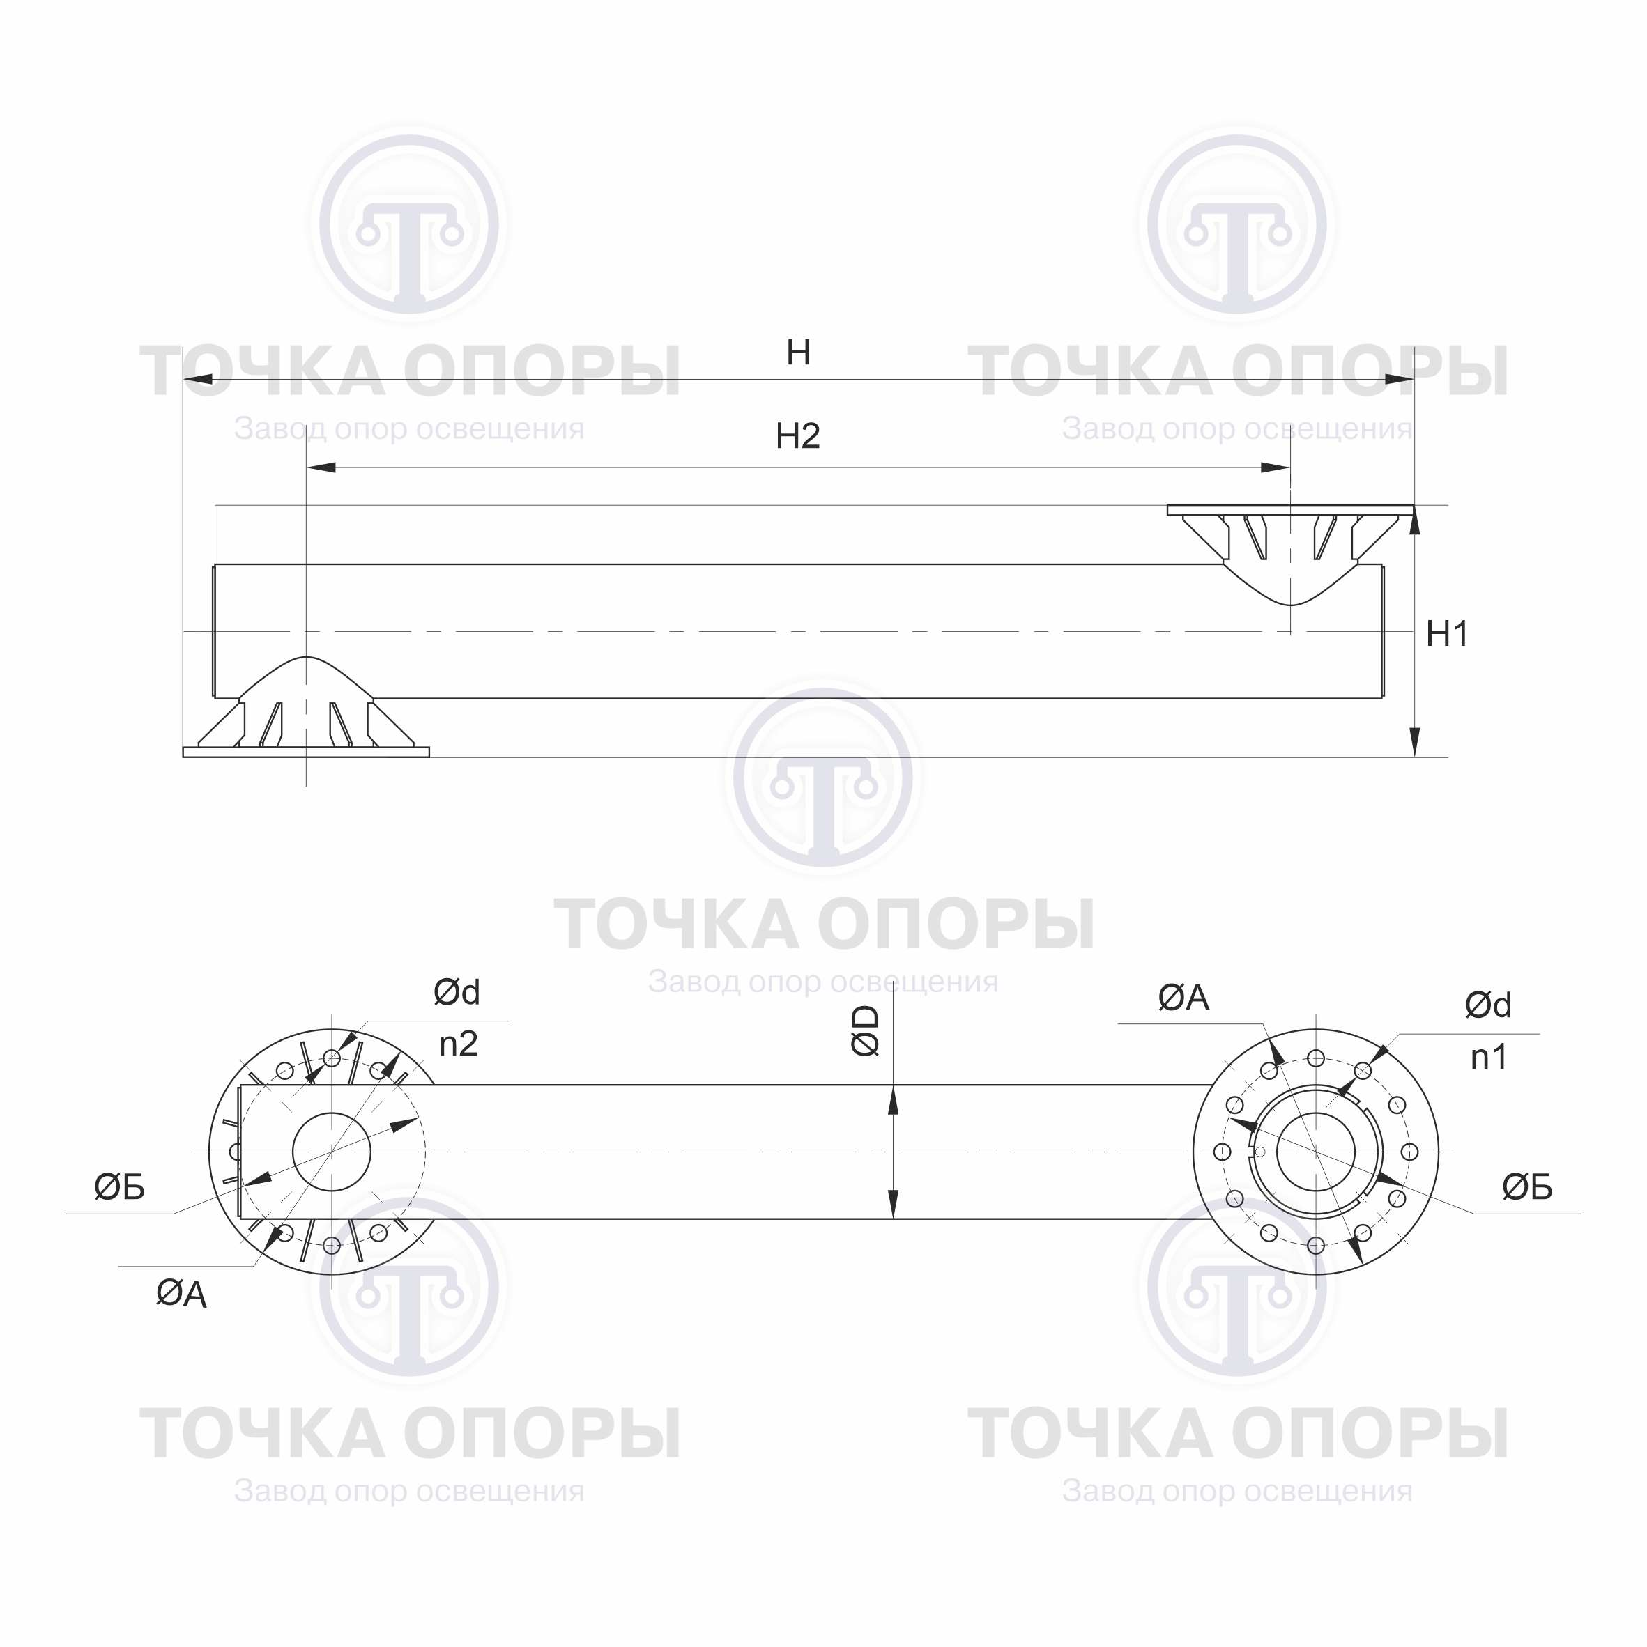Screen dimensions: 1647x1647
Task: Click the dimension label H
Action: point(798,352)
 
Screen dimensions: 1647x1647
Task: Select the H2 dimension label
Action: point(797,436)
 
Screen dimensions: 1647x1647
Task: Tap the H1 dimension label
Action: point(1448,633)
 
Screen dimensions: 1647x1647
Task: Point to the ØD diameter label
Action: point(866,1030)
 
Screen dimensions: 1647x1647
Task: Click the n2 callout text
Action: point(458,1044)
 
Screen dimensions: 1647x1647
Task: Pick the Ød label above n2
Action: point(457,992)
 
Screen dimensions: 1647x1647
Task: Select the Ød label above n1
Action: point(1488,1006)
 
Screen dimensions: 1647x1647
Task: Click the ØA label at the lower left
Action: point(181,1294)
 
